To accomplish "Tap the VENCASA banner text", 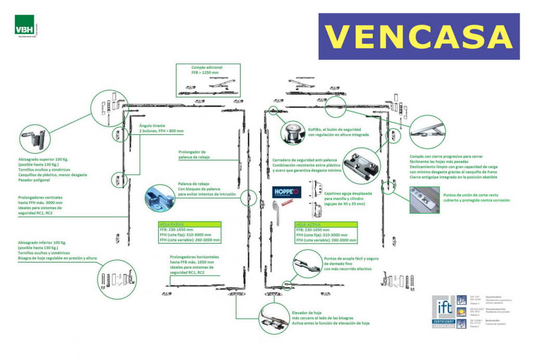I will point(418,36).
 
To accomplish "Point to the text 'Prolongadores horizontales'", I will point(194,257).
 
